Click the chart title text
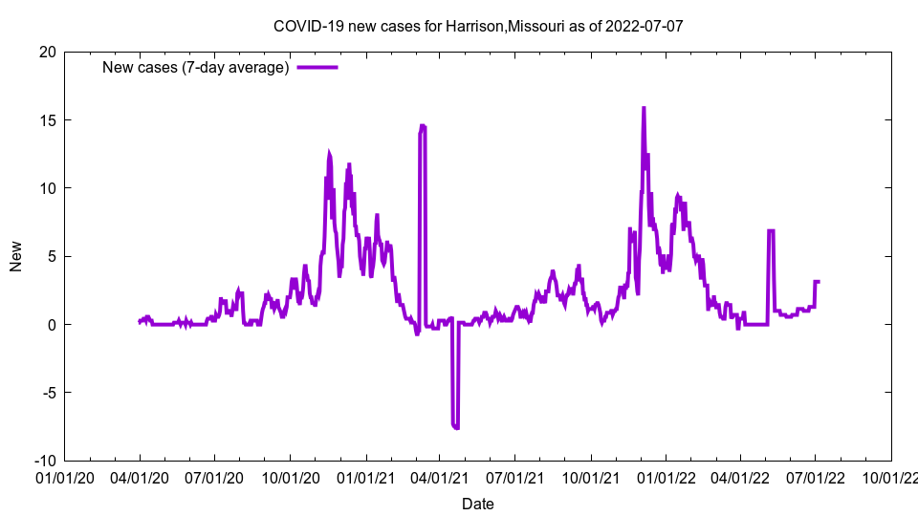478,26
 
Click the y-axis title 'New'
16,256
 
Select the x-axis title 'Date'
478,504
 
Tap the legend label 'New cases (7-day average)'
195,67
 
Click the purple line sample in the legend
317,67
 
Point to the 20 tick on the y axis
47,52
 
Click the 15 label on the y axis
47,119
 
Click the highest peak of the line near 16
644,108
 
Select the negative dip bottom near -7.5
455,426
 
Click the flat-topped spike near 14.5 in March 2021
422,126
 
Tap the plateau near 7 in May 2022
771,230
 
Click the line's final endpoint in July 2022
819,281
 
